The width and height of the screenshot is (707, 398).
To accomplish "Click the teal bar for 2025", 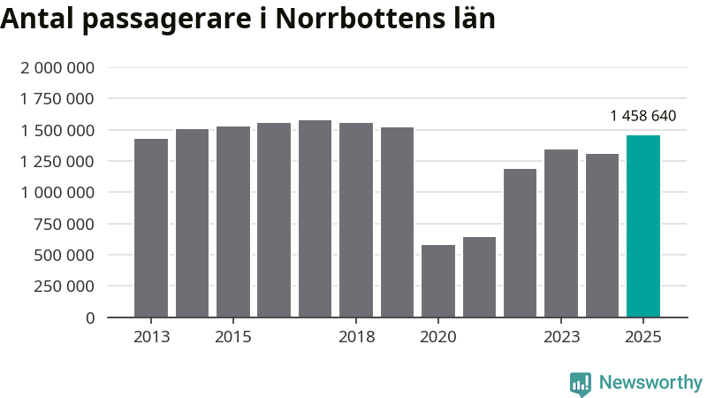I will click(x=642, y=226).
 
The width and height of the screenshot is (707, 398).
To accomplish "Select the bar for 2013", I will click(x=151, y=228).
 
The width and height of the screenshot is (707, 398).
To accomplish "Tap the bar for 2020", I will click(x=438, y=281).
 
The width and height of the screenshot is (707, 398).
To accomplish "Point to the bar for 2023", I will click(x=561, y=233).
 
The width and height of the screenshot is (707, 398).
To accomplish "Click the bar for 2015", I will click(x=233, y=222).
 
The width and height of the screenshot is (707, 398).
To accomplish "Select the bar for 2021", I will click(x=479, y=277).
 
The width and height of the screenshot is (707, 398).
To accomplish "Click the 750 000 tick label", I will click(x=64, y=224).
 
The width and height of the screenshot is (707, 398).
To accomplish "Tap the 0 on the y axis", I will click(x=90, y=318).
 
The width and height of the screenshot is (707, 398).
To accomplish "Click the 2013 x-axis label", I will click(x=151, y=337).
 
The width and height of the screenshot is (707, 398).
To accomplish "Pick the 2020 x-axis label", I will click(x=438, y=337).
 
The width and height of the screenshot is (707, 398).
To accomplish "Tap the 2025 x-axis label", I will click(x=642, y=337).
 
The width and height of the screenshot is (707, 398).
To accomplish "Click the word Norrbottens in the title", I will click(x=353, y=19).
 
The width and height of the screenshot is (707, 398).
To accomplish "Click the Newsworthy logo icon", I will click(x=581, y=383).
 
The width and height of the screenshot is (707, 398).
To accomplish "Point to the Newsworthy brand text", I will click(x=650, y=383).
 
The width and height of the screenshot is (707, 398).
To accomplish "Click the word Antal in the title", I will click(x=36, y=19).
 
